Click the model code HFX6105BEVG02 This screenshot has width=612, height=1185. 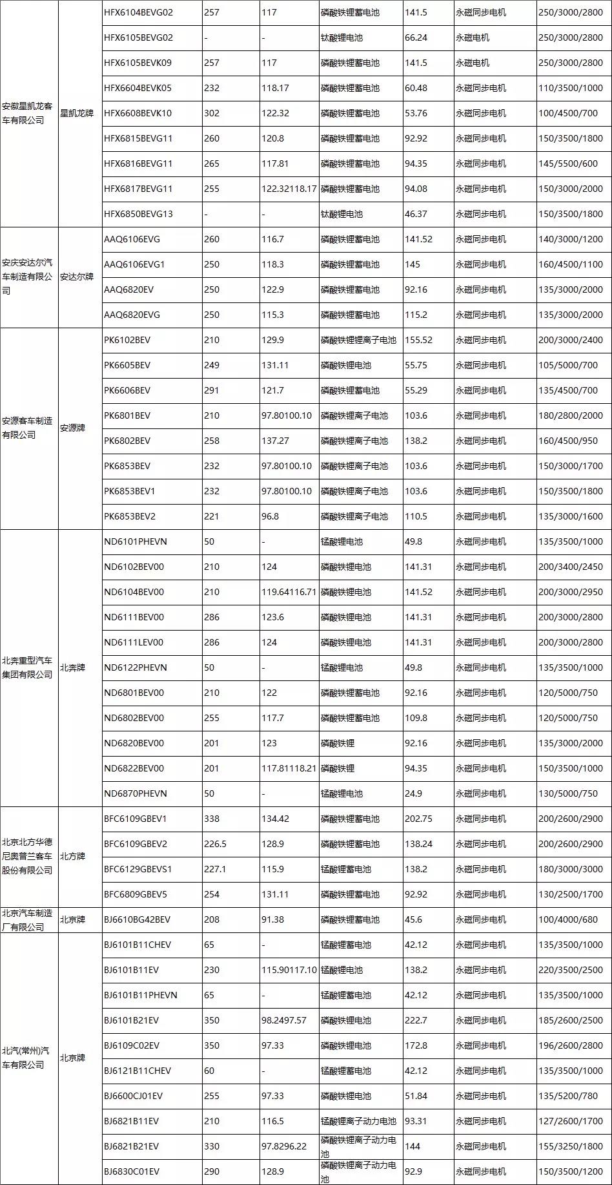138,37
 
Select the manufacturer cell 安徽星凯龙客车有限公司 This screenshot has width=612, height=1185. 28,113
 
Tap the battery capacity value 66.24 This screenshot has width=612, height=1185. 416,37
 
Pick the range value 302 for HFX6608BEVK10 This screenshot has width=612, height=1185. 212,113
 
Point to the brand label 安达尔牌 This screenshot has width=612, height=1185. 77,277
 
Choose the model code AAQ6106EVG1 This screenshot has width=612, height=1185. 134,264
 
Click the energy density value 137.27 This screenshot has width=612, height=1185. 275,441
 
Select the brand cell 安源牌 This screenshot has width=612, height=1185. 73,428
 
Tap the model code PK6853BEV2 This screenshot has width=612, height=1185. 130,516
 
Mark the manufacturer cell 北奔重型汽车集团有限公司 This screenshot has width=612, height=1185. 28,667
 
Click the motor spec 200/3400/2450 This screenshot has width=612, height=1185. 571,567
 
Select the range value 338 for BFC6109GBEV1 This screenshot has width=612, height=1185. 212,819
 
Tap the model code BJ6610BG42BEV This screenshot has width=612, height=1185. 138,919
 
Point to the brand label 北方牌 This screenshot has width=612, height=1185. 73,856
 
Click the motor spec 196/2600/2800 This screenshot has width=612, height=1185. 571,1045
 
